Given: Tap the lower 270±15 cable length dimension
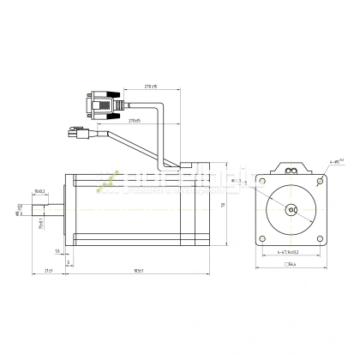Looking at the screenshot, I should coord(134,121).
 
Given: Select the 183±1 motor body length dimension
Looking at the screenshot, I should coord(137,271).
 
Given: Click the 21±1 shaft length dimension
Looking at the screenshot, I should coord(48,271).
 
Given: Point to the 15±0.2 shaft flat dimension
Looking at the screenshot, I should coord(39,191).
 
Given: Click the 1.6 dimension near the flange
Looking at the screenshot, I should coord(57,251).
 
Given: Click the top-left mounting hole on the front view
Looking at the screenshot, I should coord(262,182).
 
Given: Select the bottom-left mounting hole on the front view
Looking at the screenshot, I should coord(262,237).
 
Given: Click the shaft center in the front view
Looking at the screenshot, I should coord(291,210).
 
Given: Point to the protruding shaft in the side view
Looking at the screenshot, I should coord(48,209).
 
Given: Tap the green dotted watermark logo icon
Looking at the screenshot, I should coord(108,181).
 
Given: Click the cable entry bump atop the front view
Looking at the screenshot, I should coord(291,168).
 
